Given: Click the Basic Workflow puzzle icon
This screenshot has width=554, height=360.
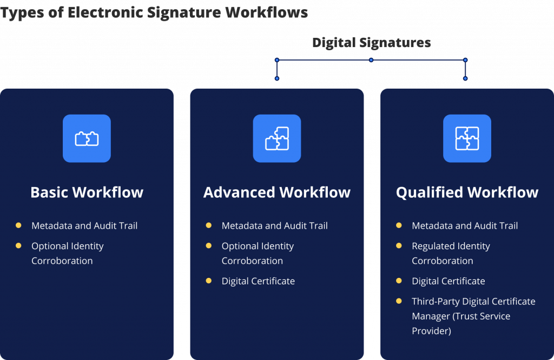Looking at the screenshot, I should [x=87, y=138].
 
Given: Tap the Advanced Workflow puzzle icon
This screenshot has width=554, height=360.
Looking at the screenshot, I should [x=277, y=138].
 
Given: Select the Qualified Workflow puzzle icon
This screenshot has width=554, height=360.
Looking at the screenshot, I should [x=467, y=138].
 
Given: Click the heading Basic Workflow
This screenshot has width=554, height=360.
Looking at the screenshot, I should [x=87, y=192].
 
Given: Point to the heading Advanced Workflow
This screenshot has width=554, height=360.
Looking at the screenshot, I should [x=277, y=192].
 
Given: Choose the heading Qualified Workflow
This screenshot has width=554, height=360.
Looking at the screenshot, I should [x=467, y=192].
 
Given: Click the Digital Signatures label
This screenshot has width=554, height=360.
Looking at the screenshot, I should [x=371, y=43].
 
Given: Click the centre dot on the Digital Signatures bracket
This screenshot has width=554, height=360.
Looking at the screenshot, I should [x=371, y=60].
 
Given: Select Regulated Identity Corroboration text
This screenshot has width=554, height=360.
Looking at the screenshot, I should [x=451, y=253].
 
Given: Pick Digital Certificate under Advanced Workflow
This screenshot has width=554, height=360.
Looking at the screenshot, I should [x=258, y=281].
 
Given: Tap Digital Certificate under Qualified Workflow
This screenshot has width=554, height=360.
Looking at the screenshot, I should [x=448, y=281].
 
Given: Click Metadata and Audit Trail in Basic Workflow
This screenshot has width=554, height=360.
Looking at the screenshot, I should [x=84, y=225].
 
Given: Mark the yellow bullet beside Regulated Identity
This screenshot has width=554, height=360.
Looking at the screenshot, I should [x=399, y=245].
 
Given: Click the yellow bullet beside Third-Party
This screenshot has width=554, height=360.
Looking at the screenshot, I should [x=399, y=301].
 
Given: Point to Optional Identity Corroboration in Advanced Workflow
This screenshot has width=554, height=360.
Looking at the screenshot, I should [x=258, y=253].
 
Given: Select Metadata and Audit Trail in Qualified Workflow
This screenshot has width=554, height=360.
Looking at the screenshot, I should [x=465, y=225].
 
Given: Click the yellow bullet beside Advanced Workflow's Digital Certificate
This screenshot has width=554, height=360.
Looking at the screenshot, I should [x=209, y=281].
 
